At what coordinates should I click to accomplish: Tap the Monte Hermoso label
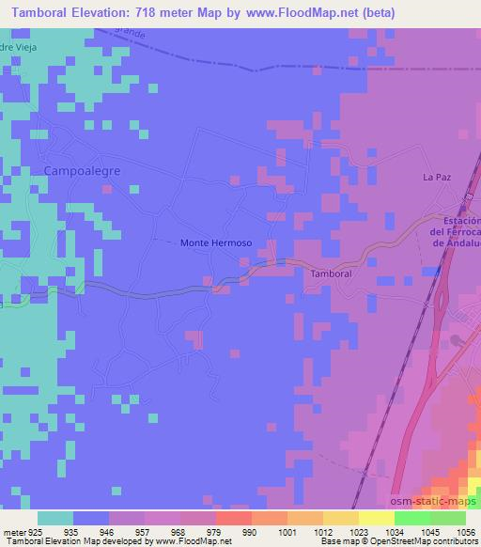[x=216, y=242]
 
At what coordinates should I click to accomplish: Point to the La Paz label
[x=437, y=176]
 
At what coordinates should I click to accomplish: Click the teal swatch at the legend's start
[x=55, y=518]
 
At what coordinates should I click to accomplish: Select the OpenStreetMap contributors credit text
[x=422, y=541]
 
